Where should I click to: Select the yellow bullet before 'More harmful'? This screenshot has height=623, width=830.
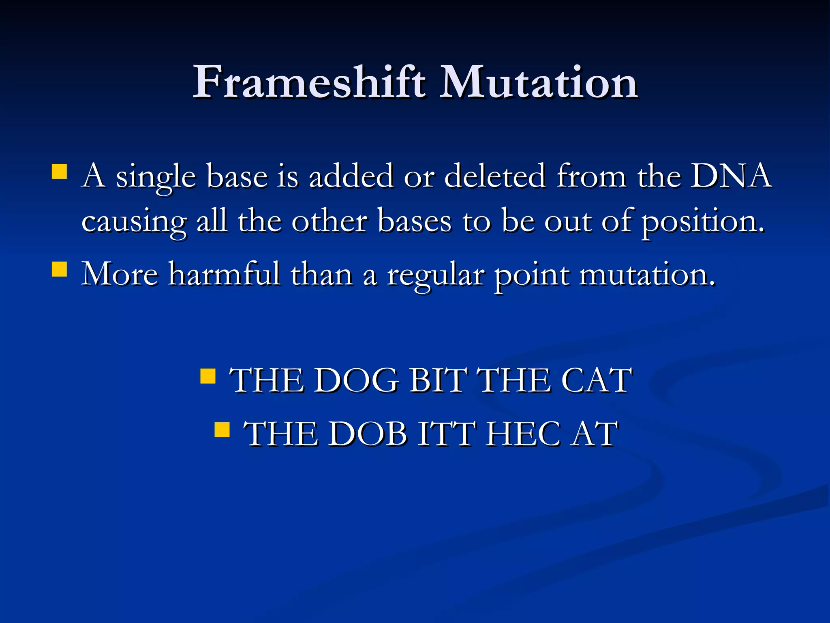point(60,269)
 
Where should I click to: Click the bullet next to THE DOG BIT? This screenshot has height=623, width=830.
point(208,376)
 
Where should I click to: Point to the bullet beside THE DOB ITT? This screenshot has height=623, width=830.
point(222,430)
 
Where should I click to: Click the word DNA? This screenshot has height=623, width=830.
point(731,176)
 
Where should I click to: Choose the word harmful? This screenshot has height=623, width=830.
point(224,274)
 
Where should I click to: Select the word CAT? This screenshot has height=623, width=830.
point(596,380)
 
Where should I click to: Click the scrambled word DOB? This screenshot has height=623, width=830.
point(367,434)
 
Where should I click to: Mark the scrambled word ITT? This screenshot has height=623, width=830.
point(446,434)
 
